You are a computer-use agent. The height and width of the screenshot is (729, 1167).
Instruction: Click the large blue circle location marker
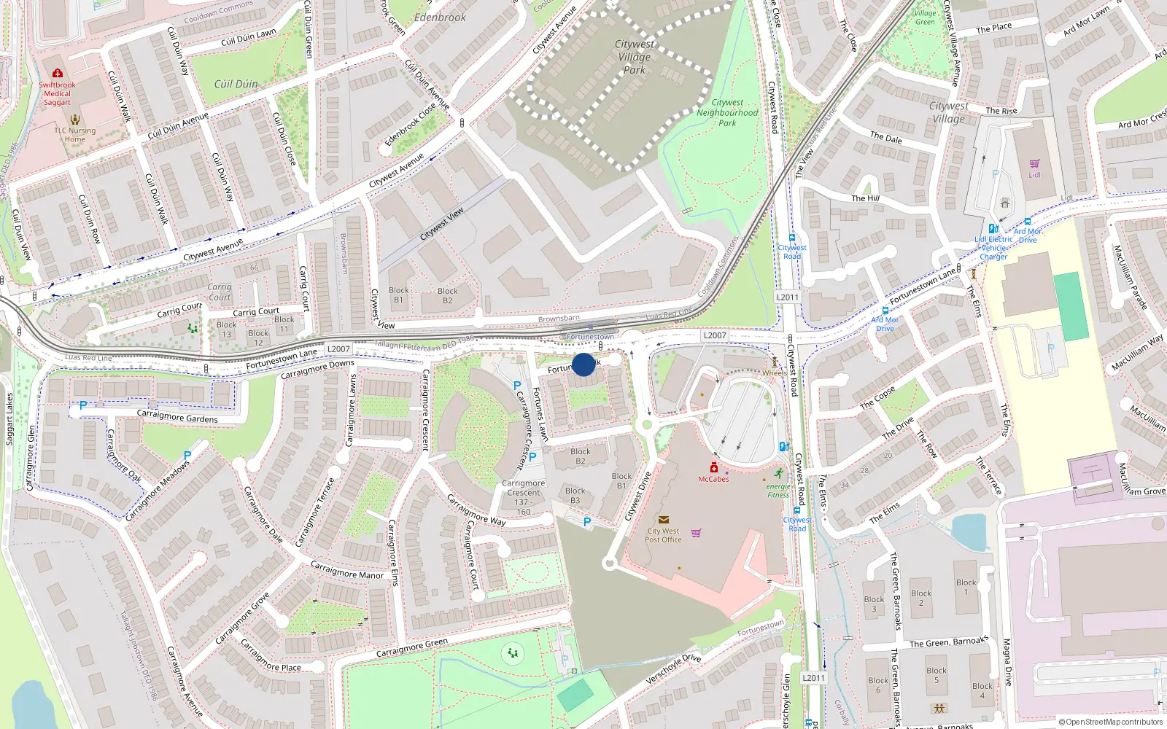point(583,364)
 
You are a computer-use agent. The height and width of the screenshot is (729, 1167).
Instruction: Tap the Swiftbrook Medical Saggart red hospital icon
point(58,73)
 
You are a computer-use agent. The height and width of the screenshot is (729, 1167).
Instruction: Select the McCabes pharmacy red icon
point(714,468)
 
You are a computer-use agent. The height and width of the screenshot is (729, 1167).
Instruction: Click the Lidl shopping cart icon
point(1034,164)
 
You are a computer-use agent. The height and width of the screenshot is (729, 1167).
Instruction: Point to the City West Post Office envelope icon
point(663,520)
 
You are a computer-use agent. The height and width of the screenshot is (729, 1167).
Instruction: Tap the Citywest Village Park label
point(635,57)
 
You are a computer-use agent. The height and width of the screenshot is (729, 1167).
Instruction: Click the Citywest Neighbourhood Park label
point(727,113)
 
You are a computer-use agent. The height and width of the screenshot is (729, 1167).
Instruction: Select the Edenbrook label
point(440,17)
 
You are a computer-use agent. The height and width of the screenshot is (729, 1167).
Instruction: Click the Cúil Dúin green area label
point(236,84)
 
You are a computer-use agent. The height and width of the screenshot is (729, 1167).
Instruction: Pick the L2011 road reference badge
point(788,297)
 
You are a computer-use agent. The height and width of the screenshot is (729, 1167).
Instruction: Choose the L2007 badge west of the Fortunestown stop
point(338,349)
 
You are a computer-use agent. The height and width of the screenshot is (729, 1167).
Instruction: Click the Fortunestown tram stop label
point(590,337)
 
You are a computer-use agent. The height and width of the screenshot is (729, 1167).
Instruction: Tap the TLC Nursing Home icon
point(75,119)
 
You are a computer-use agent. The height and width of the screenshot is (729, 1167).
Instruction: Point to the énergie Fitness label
point(778,491)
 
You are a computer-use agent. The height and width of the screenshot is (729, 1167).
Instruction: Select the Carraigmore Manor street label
point(347,570)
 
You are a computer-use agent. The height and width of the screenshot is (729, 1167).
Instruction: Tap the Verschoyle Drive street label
point(673,668)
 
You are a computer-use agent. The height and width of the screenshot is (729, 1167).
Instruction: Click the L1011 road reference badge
point(813,678)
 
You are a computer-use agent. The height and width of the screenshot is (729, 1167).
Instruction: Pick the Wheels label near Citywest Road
point(775,373)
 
